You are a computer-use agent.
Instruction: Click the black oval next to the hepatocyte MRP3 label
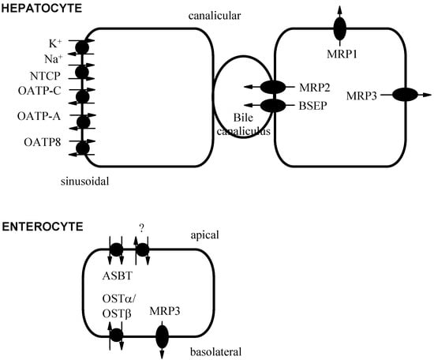tap(405, 95)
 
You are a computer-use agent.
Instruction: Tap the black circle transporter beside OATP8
tap(81, 147)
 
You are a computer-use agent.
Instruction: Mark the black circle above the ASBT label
tap(115, 249)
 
